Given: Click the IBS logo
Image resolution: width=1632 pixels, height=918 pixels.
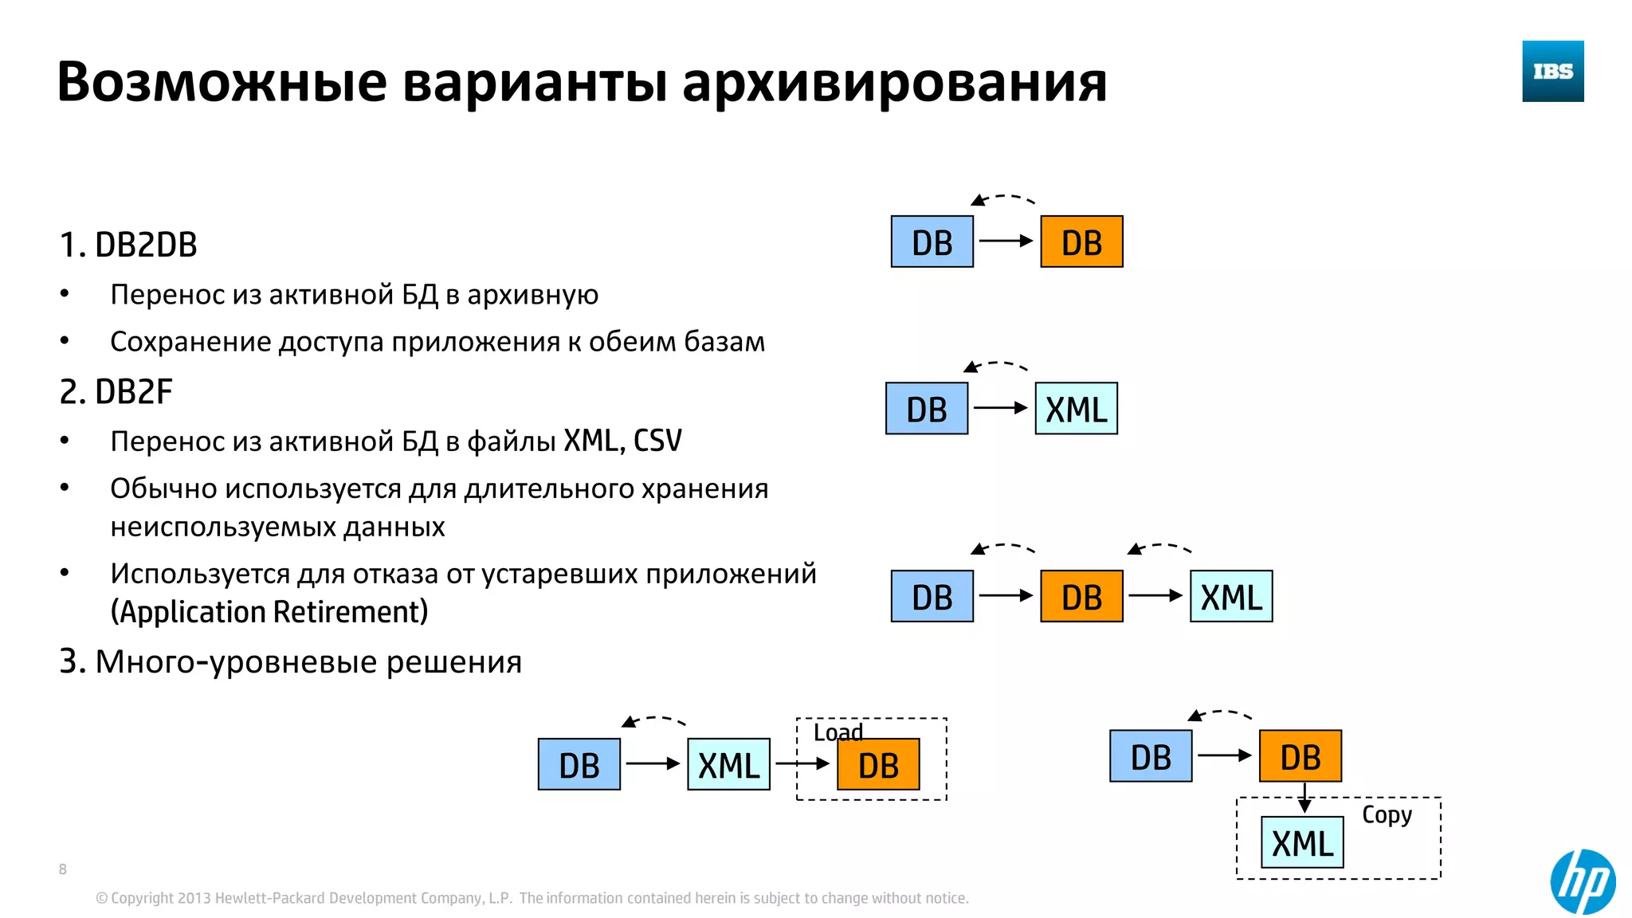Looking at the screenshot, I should click(x=1552, y=71).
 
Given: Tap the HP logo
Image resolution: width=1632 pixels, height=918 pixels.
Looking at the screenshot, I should click(x=1583, y=881).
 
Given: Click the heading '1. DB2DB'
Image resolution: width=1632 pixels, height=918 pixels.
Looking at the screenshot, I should click(x=128, y=245).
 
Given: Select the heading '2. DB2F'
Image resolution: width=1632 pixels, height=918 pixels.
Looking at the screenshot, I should click(x=116, y=392).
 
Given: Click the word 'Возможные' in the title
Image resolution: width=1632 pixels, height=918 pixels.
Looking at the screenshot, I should click(x=222, y=82).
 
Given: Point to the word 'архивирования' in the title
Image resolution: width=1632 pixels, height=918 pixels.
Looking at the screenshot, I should click(x=894, y=82).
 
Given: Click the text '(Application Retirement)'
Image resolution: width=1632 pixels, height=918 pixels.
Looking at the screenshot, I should click(x=269, y=612).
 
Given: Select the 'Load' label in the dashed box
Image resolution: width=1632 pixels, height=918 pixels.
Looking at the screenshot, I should click(x=837, y=732).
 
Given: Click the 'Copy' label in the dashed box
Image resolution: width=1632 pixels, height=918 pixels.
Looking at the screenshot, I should click(x=1387, y=814).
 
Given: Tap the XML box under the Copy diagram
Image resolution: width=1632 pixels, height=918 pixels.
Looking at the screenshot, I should click(x=1302, y=843).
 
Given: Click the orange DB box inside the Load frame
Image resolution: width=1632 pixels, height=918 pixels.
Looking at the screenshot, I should click(x=878, y=765).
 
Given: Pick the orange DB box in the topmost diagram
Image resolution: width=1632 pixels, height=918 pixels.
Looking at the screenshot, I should click(x=1081, y=242).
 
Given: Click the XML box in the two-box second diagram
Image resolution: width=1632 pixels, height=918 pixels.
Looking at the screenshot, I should click(x=1076, y=409).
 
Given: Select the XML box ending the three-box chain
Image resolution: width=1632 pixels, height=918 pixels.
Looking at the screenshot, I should click(x=1230, y=597).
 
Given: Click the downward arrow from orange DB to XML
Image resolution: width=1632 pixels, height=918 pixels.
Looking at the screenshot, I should click(x=1304, y=798).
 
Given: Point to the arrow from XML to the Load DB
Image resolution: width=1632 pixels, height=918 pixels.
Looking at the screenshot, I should click(x=802, y=763).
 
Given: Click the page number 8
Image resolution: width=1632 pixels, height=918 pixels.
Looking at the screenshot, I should click(x=63, y=869).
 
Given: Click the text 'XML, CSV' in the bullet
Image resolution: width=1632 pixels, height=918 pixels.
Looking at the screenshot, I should click(x=622, y=441).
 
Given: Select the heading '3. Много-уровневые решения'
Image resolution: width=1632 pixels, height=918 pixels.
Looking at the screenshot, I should click(x=290, y=662).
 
